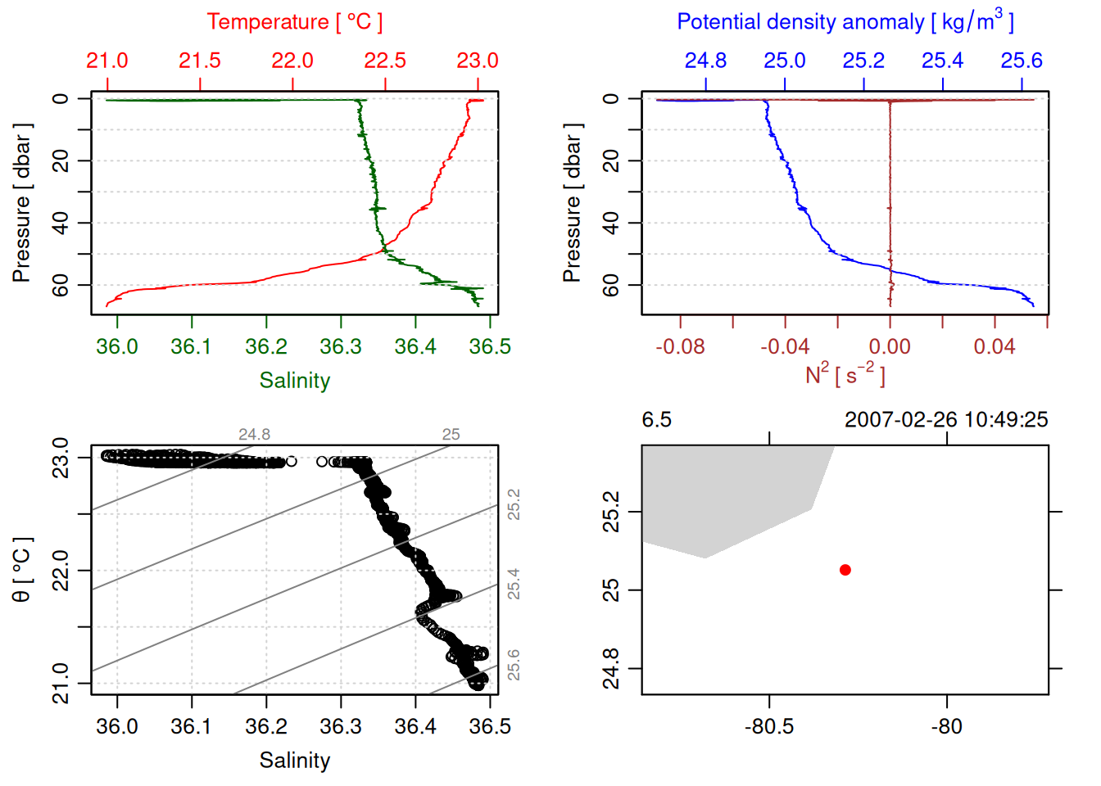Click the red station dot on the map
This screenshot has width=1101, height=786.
coord(845,570)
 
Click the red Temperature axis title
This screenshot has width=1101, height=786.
coord(294,22)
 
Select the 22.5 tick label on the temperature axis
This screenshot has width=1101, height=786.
coord(385,61)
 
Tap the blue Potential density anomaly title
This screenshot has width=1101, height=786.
coord(845,21)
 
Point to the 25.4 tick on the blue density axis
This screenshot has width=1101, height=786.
coord(942,61)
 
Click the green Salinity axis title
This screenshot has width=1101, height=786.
coord(294,381)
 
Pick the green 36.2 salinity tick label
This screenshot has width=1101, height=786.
coord(266,347)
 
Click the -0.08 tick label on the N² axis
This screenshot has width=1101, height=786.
coord(680,347)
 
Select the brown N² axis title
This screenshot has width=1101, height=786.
coord(845,374)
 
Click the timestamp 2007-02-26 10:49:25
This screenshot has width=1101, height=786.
coord(946,420)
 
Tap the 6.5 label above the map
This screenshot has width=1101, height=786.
coord(656,420)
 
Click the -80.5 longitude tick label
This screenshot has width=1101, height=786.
coord(769,727)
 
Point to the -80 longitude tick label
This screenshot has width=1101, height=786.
coord(946,727)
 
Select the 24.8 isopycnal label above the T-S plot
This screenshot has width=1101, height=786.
coord(254,435)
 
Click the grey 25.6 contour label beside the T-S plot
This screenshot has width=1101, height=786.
coord(514,665)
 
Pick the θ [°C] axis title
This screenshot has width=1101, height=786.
coord(21,570)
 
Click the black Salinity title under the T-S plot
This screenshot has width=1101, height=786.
coord(294,761)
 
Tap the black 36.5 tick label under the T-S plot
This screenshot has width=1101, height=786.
coord(490,727)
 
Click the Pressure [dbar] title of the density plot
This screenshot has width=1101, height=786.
coord(572,203)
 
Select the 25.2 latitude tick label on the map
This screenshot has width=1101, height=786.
coord(611,513)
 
